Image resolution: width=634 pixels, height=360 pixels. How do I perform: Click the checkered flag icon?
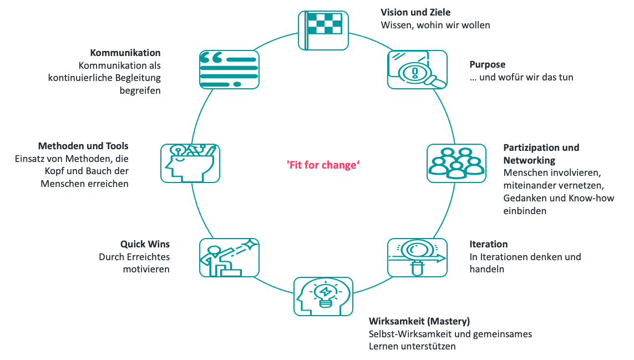pos(323,31)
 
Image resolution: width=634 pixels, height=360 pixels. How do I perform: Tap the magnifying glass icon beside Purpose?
pos(417,69)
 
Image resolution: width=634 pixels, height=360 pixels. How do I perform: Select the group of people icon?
pos(457,164)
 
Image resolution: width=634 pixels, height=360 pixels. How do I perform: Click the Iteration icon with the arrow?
pos(417,258)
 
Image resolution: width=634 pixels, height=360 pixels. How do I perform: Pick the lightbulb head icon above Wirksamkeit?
pos(323,297)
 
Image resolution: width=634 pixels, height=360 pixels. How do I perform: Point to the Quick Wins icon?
pos(229,258)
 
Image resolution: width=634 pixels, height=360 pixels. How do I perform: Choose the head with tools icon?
pos(190,164)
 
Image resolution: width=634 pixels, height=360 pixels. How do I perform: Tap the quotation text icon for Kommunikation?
pos(229,69)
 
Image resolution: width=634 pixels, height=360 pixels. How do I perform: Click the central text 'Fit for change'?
pos(323,165)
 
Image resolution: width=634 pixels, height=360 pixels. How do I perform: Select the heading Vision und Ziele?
pos(415,12)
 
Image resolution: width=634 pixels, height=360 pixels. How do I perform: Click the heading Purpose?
pos(487,65)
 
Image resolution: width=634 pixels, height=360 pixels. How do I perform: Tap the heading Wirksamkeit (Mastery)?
pos(419,321)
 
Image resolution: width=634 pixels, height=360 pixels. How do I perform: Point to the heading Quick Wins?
pos(145,244)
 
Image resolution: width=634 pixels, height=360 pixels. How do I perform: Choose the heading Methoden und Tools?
pos(83,146)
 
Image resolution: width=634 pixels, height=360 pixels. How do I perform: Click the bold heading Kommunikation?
pos(125,53)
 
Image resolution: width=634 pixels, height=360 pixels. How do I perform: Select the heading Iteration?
pos(489,244)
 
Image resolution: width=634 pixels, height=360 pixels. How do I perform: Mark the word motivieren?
pos(146,270)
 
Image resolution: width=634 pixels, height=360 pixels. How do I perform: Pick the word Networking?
pos(529,160)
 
